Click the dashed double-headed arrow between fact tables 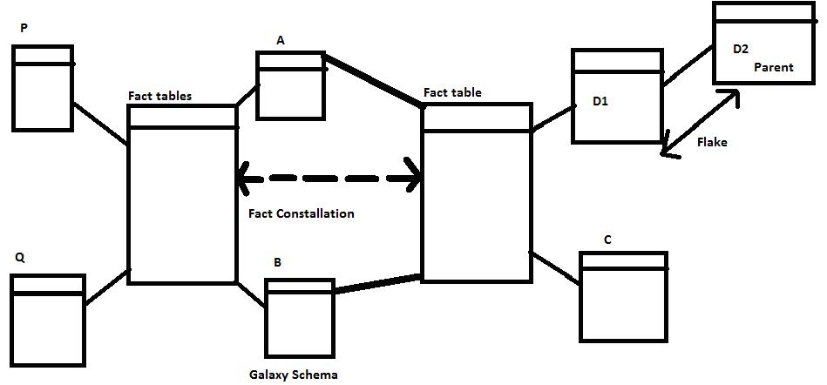point(329,179)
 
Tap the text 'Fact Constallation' point(301,213)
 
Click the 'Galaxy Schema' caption point(293,375)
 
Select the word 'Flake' point(712,143)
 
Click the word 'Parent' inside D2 point(774,67)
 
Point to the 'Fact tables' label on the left point(160,96)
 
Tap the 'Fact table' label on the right point(452,92)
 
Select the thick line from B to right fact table point(378,285)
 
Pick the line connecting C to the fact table point(555,268)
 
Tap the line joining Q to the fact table point(106,287)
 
